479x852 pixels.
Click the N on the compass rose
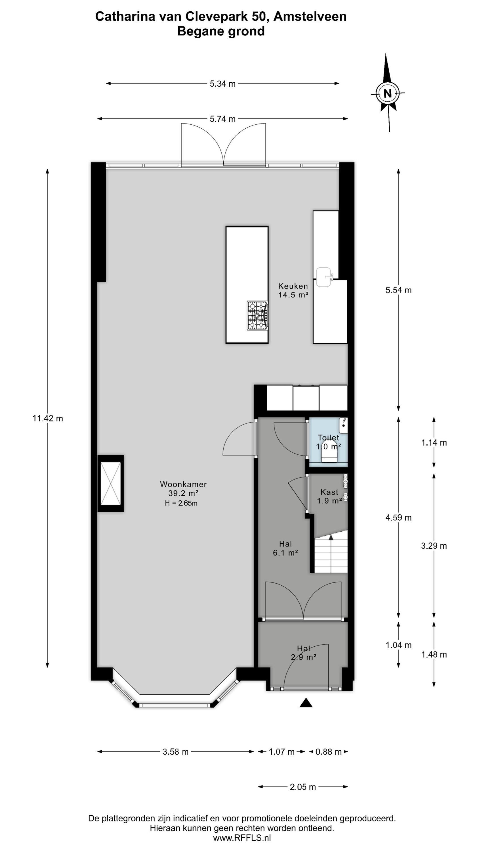pos(387,94)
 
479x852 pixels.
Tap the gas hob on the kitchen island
pos(257,315)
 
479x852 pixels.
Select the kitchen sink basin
pos(324,277)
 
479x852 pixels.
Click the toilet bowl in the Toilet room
pos(329,452)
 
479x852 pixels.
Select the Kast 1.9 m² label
pos(329,496)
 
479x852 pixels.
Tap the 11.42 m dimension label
pos(48,418)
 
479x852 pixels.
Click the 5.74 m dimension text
pos(223,119)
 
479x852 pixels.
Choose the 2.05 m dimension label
pos(303,787)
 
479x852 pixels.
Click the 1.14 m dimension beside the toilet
pos(434,442)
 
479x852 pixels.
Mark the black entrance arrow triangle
pos(306,703)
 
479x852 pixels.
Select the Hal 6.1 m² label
pos(286,548)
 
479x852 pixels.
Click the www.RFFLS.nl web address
pos(242,838)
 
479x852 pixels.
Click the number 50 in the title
pos(258,16)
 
